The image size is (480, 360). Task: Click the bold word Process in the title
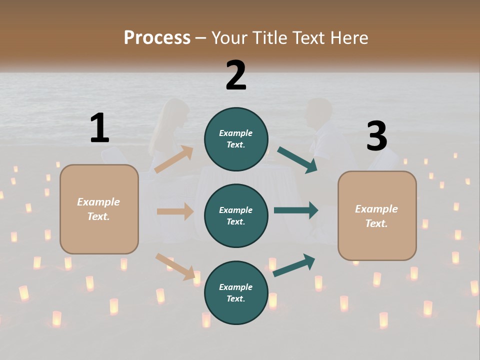pyautogui.click(x=157, y=38)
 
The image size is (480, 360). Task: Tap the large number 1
pyautogui.click(x=99, y=128)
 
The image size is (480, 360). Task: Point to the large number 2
pyautogui.click(x=236, y=75)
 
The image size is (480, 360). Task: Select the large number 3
pyautogui.click(x=376, y=136)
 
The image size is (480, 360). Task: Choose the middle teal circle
pyautogui.click(x=236, y=215)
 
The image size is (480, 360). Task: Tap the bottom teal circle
pyautogui.click(x=236, y=292)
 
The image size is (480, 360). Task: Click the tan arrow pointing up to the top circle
pyautogui.click(x=174, y=159)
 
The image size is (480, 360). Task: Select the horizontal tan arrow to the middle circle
pyautogui.click(x=175, y=211)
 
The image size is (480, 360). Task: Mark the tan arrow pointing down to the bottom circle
pyautogui.click(x=175, y=266)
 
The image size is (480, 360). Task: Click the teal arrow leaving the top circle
pyautogui.click(x=297, y=160)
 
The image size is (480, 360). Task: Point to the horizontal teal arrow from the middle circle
pyautogui.click(x=295, y=210)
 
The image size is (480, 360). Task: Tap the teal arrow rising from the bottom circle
pyautogui.click(x=294, y=265)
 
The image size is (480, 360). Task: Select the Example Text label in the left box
pyautogui.click(x=98, y=209)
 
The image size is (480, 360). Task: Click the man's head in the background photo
pyautogui.click(x=320, y=111)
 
